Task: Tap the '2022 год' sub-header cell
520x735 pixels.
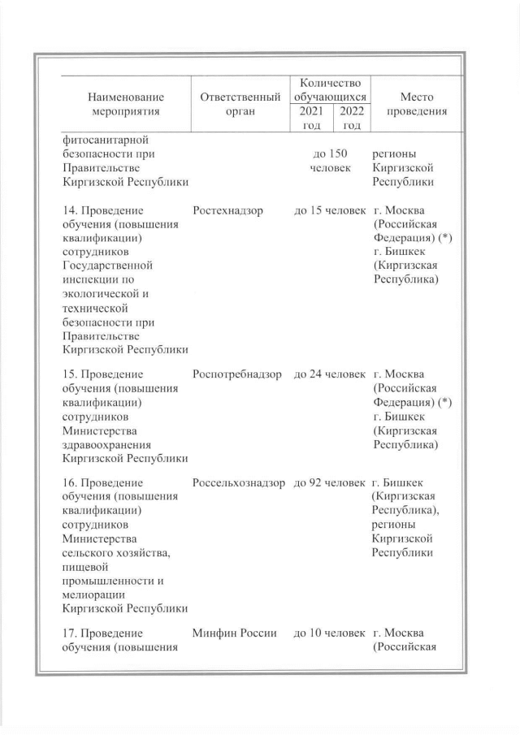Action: [x=351, y=118]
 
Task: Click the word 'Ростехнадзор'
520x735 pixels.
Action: [x=228, y=210]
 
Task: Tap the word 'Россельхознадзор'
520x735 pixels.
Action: [x=240, y=483]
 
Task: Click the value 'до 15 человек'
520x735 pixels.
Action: [x=330, y=210]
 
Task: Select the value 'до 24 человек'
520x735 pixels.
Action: [x=330, y=374]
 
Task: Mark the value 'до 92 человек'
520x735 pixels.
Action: [x=330, y=483]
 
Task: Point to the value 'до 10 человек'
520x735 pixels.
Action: [x=330, y=633]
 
